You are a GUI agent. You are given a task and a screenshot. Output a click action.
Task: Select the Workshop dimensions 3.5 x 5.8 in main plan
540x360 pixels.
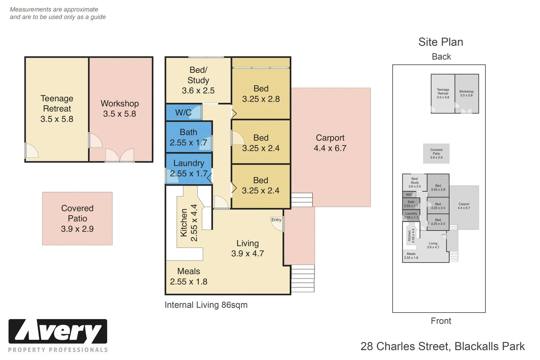click(x=119, y=114)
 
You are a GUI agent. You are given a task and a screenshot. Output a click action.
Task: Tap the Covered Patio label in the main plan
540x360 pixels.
click(x=77, y=213)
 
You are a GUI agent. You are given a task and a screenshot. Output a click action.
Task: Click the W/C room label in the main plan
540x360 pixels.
click(x=183, y=113)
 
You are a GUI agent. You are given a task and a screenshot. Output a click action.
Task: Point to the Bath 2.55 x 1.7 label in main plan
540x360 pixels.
click(x=188, y=137)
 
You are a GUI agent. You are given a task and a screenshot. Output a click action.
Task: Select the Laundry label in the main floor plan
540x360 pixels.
click(x=189, y=163)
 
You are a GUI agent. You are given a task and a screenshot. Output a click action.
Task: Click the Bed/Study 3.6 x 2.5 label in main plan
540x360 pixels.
click(x=198, y=80)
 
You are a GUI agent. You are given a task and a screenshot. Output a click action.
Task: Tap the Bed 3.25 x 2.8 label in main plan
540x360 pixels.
click(x=261, y=94)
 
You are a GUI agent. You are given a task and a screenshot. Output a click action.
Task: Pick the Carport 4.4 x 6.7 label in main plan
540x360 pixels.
click(x=330, y=143)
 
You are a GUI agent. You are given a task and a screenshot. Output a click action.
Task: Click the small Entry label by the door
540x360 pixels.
click(x=276, y=220)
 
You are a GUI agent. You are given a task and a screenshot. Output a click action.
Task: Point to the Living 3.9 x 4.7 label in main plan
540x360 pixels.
click(x=247, y=248)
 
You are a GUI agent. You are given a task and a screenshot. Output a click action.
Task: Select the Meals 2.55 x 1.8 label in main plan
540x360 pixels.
click(x=189, y=276)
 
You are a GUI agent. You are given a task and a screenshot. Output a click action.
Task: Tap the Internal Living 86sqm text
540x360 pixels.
click(x=206, y=305)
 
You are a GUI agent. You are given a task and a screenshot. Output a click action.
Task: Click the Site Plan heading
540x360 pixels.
click(x=440, y=42)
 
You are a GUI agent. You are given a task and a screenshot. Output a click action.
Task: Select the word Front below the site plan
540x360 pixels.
click(x=441, y=321)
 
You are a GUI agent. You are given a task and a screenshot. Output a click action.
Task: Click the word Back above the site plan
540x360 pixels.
click(x=441, y=57)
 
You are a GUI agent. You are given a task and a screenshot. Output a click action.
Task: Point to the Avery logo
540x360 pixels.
click(x=58, y=331)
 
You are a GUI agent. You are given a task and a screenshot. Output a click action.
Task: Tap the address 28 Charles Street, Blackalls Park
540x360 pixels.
click(x=442, y=346)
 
